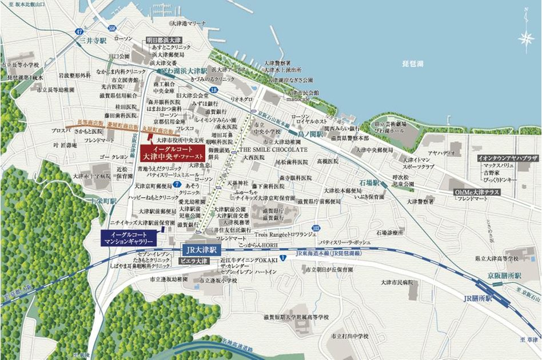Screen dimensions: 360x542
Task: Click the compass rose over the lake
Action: pyautogui.click(x=525, y=39)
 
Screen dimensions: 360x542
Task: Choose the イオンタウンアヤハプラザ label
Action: pyautogui.click(x=507, y=157)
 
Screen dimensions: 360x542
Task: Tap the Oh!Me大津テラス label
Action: pyautogui.click(x=477, y=193)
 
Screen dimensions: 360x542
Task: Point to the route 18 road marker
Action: pyautogui.click(x=213, y=90)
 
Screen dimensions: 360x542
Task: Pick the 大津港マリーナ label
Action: pyautogui.click(x=188, y=23)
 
